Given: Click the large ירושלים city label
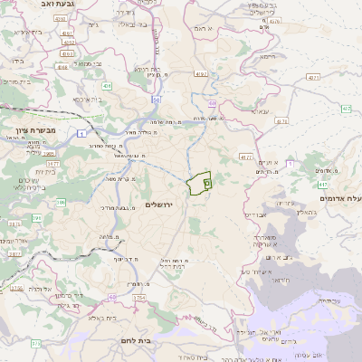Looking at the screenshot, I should pos(164,205).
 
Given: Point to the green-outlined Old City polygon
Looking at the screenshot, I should pos(199,183).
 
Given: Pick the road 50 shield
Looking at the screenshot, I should pos(157,100).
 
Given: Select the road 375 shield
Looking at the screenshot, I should pos(35,344).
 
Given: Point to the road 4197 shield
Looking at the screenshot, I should pos(199,75).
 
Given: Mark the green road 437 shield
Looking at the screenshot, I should pos(346,109).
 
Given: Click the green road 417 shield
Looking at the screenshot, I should pos(324,184).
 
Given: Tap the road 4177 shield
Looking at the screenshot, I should pos(246,157).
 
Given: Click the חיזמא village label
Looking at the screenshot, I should pos(266,56).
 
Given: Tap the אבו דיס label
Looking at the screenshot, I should pos(256,215).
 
